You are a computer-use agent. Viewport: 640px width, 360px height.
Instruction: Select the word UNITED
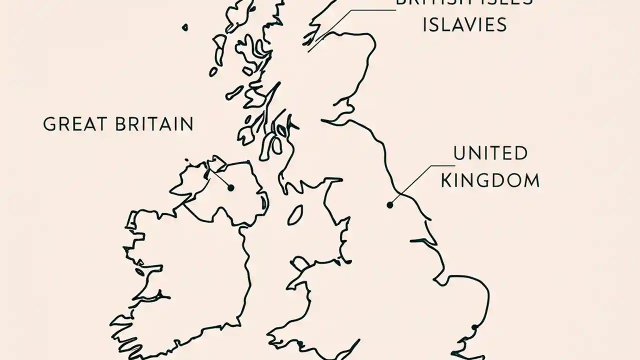pyautogui.click(x=490, y=153)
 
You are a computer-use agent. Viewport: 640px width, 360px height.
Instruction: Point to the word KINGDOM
pyautogui.click(x=490, y=180)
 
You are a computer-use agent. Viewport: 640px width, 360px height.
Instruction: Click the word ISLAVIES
pyautogui.click(x=464, y=24)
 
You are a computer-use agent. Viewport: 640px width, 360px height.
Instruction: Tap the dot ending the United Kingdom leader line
pyautogui.click(x=389, y=204)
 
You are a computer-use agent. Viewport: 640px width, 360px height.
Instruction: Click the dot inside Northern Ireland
pyautogui.click(x=231, y=188)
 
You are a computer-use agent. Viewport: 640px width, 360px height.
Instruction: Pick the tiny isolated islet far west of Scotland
pyautogui.click(x=185, y=27)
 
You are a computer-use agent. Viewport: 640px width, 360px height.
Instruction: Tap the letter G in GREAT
pyautogui.click(x=48, y=124)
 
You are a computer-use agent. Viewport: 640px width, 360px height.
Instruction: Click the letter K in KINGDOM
pyautogui.click(x=446, y=180)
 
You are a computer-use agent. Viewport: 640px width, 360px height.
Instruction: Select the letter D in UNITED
pyautogui.click(x=520, y=153)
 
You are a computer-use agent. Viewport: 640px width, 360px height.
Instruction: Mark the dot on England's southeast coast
pyautogui.click(x=474, y=327)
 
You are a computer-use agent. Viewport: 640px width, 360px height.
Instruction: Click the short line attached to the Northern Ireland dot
pyautogui.click(x=220, y=177)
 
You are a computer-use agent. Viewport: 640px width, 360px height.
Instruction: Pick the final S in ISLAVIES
pyautogui.click(x=501, y=24)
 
